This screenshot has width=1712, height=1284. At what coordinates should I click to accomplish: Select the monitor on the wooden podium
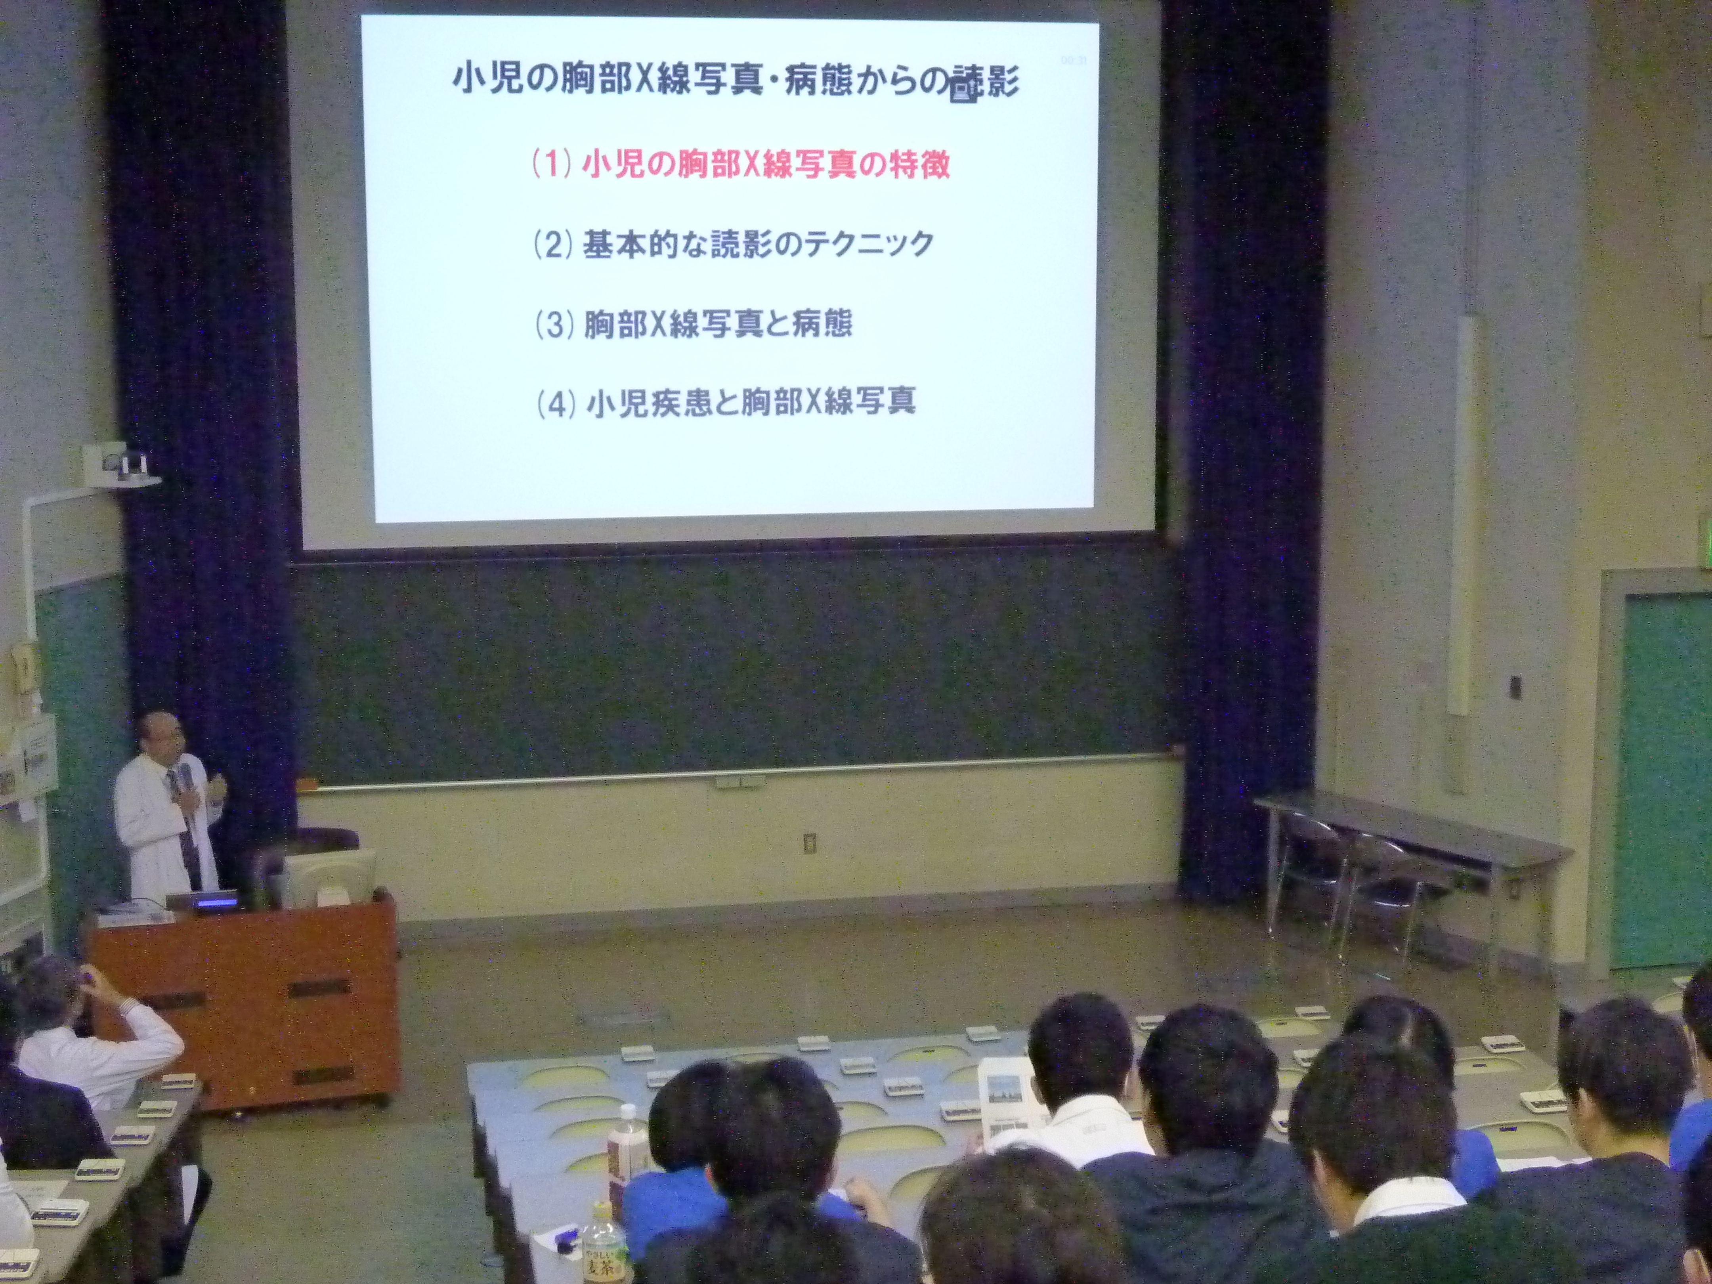tap(329, 881)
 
